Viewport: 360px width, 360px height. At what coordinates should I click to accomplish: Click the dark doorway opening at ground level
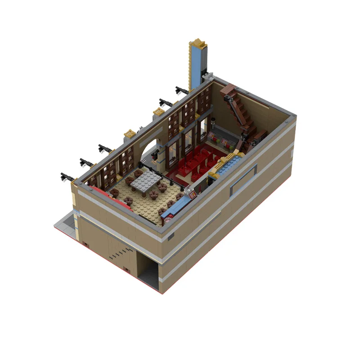click(x=149, y=270)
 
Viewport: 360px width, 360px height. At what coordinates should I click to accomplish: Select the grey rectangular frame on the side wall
click(x=243, y=180)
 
